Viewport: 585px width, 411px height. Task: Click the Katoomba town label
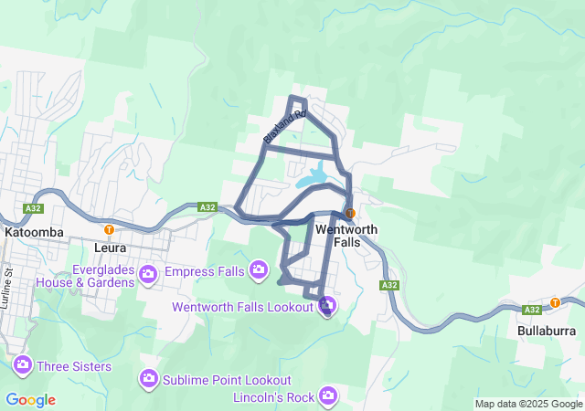tap(34, 232)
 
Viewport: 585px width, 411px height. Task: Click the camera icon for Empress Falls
tap(259, 269)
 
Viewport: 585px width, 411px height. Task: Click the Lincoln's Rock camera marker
tap(328, 395)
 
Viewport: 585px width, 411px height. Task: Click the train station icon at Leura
tap(109, 229)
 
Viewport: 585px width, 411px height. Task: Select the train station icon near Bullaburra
tap(555, 302)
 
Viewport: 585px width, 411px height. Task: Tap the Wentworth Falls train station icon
tap(350, 213)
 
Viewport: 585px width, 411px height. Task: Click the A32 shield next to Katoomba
tap(34, 208)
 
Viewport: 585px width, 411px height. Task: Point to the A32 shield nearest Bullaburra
tap(536, 310)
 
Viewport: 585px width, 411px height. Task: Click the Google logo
tap(30, 400)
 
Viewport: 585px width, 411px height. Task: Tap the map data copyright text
tap(528, 404)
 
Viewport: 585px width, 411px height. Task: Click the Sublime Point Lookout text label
tap(228, 380)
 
